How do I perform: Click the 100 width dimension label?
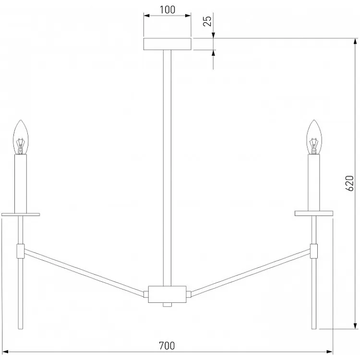pos(167,10)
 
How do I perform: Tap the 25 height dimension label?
pos(207,21)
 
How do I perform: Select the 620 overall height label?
pos(349,183)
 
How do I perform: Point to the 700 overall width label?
pos(167,346)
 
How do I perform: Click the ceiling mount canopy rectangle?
pos(168,44)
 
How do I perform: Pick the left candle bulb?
pos(21,137)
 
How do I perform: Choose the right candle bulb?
pos(314,137)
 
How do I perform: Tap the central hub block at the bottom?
pos(167,294)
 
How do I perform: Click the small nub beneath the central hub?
pos(167,305)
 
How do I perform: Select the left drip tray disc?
pos(21,215)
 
